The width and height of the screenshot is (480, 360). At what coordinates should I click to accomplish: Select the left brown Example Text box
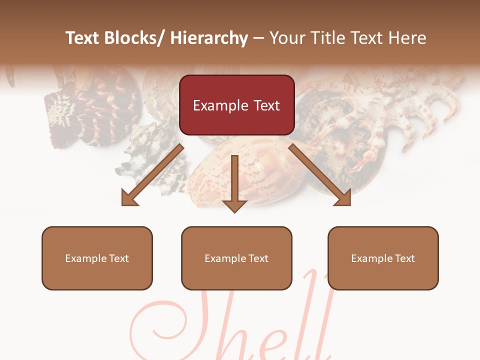click(97, 258)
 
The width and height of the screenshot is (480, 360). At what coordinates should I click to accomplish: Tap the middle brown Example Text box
click(236, 258)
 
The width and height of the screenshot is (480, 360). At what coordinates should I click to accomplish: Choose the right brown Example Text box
click(383, 258)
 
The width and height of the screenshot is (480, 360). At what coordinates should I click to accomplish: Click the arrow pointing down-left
click(153, 174)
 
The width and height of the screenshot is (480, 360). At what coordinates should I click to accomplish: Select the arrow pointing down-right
click(320, 175)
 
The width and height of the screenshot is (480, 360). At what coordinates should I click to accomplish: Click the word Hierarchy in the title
click(208, 38)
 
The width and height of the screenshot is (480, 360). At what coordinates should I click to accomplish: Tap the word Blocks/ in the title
click(135, 38)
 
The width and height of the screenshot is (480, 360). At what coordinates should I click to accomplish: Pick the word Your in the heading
click(286, 38)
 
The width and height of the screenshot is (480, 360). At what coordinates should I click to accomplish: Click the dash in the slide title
click(258, 38)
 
